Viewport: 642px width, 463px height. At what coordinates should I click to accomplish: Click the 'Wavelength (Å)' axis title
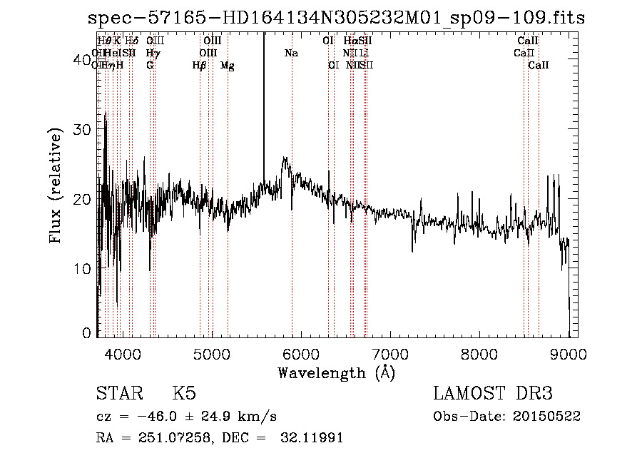[336, 372]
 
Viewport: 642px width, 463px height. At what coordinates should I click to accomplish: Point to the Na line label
[291, 53]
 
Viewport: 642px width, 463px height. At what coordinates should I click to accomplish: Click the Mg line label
[227, 66]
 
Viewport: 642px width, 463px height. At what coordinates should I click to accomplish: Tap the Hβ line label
[200, 66]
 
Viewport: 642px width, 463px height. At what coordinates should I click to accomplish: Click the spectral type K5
[183, 394]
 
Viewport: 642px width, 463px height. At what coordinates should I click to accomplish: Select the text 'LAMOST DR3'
[493, 394]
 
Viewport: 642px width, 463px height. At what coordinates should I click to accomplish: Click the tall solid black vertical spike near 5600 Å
[264, 107]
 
